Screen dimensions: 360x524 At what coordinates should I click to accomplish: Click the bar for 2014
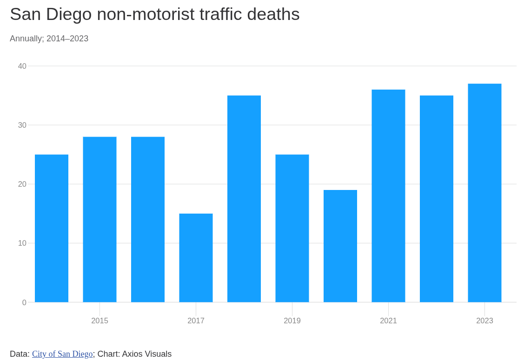point(52,228)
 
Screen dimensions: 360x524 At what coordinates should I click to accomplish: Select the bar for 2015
point(99,219)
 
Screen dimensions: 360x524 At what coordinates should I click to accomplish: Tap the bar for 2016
point(148,219)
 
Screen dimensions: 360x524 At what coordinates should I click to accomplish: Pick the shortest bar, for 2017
point(196,258)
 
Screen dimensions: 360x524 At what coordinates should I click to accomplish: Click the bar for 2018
point(244,199)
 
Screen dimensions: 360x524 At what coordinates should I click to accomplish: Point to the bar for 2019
point(292,228)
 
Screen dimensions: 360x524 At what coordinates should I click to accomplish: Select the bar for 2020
point(340,246)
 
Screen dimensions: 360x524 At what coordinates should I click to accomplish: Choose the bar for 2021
point(388,196)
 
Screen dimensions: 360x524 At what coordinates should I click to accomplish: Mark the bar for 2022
point(437,199)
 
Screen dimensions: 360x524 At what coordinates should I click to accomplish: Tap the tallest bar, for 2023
point(484,193)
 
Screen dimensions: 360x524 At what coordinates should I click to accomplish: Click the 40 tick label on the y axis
point(22,66)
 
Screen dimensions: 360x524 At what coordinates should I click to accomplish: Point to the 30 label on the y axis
point(22,125)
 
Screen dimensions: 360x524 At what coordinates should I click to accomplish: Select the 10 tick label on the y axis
point(22,243)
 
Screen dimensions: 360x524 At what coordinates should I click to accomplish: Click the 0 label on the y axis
point(24,303)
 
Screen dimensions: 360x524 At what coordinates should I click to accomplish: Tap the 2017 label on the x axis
point(196,321)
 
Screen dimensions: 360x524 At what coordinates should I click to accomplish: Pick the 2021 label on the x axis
point(388,321)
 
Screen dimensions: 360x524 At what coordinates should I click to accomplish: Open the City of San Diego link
point(62,354)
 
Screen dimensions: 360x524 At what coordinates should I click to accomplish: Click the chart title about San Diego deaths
point(154,14)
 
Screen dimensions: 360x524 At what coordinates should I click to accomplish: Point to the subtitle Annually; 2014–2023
point(49,39)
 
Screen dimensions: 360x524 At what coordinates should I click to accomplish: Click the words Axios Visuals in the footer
point(146,354)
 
